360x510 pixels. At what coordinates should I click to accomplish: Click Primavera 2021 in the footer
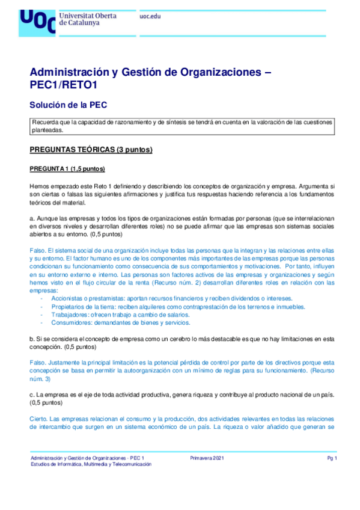(207, 459)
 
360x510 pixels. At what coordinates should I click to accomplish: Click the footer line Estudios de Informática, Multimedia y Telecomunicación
(91, 465)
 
